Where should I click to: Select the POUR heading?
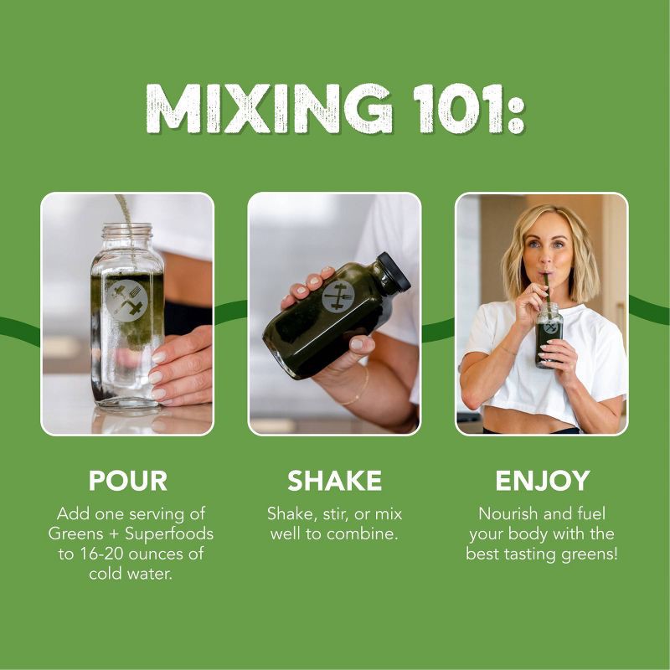127,481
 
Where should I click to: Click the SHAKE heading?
334,481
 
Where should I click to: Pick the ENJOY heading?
542,481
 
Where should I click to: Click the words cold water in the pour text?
127,575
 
